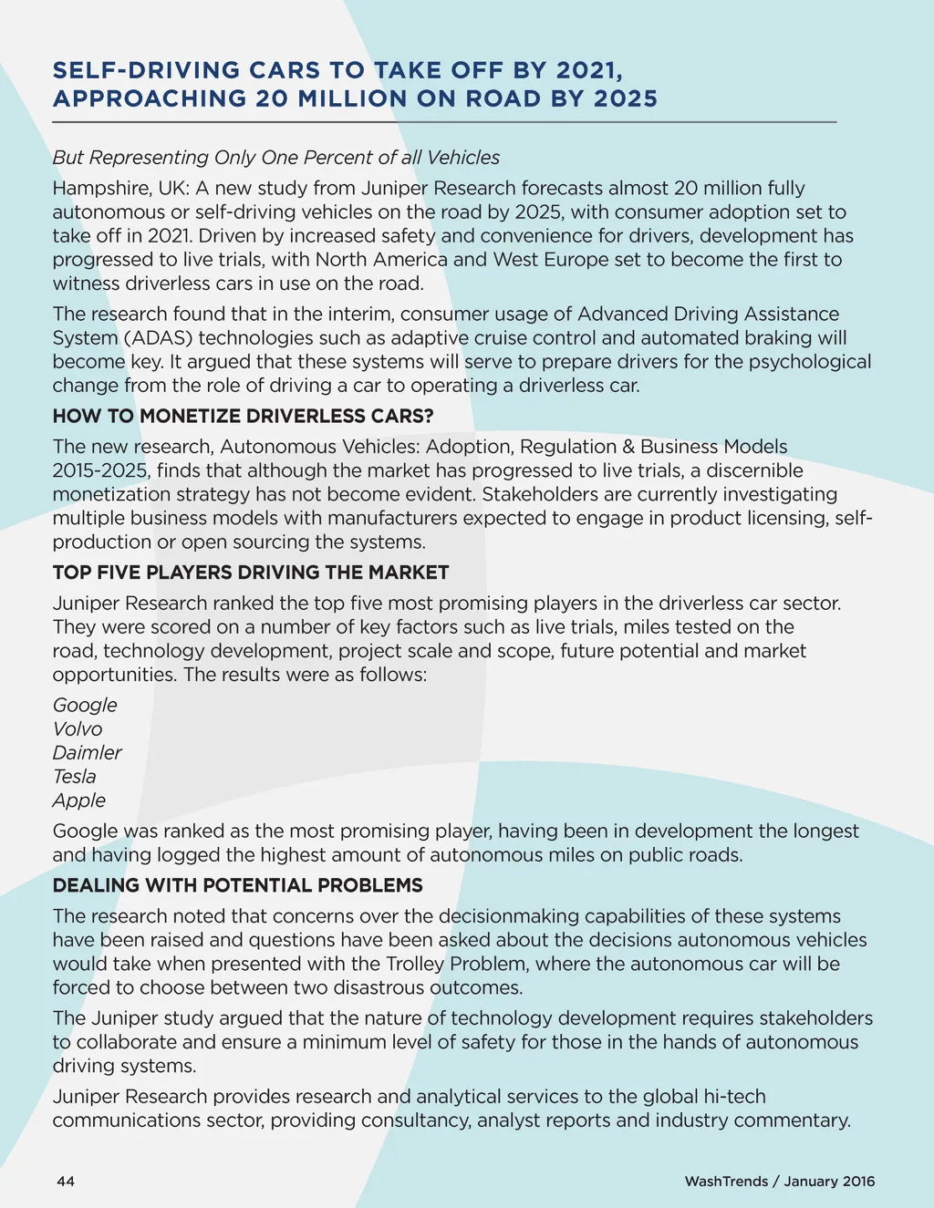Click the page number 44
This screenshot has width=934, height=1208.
[x=66, y=1182]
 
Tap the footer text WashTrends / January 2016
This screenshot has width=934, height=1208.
[x=779, y=1182]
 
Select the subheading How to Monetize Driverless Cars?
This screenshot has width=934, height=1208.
[x=243, y=417]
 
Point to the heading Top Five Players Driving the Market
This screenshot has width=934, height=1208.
[x=251, y=573]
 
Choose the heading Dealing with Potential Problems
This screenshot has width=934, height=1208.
[x=237, y=885]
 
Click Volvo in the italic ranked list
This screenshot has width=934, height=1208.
[x=78, y=729]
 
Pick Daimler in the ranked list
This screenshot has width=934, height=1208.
[x=87, y=753]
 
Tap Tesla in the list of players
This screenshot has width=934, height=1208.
[x=74, y=777]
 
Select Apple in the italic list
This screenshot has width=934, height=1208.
[x=79, y=800]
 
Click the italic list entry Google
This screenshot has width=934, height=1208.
[x=85, y=706]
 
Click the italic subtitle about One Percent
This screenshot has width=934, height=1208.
[x=276, y=158]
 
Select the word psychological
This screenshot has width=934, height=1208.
[x=810, y=362]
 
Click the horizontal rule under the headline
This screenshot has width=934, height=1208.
[x=444, y=121]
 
